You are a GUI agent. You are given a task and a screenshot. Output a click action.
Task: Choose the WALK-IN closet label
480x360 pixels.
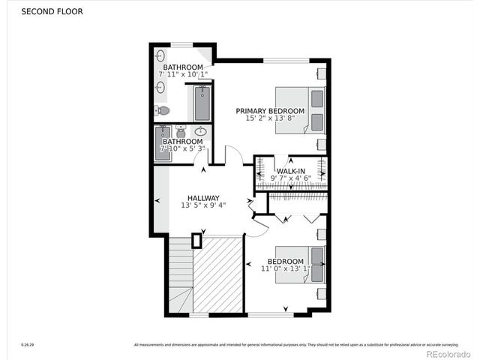(x=291, y=171)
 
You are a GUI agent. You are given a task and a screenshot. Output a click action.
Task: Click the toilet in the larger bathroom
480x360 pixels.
(x=163, y=111)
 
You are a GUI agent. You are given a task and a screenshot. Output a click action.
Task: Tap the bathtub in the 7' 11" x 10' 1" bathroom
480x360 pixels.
(x=202, y=103)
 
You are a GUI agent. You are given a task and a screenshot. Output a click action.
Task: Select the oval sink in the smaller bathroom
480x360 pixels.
(x=200, y=131)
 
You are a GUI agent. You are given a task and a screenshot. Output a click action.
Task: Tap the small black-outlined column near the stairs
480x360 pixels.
(x=196, y=241)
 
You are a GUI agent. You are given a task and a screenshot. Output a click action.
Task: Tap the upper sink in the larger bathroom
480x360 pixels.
(x=160, y=56)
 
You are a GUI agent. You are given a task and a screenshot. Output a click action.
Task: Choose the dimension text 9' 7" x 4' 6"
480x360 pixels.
(x=291, y=178)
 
